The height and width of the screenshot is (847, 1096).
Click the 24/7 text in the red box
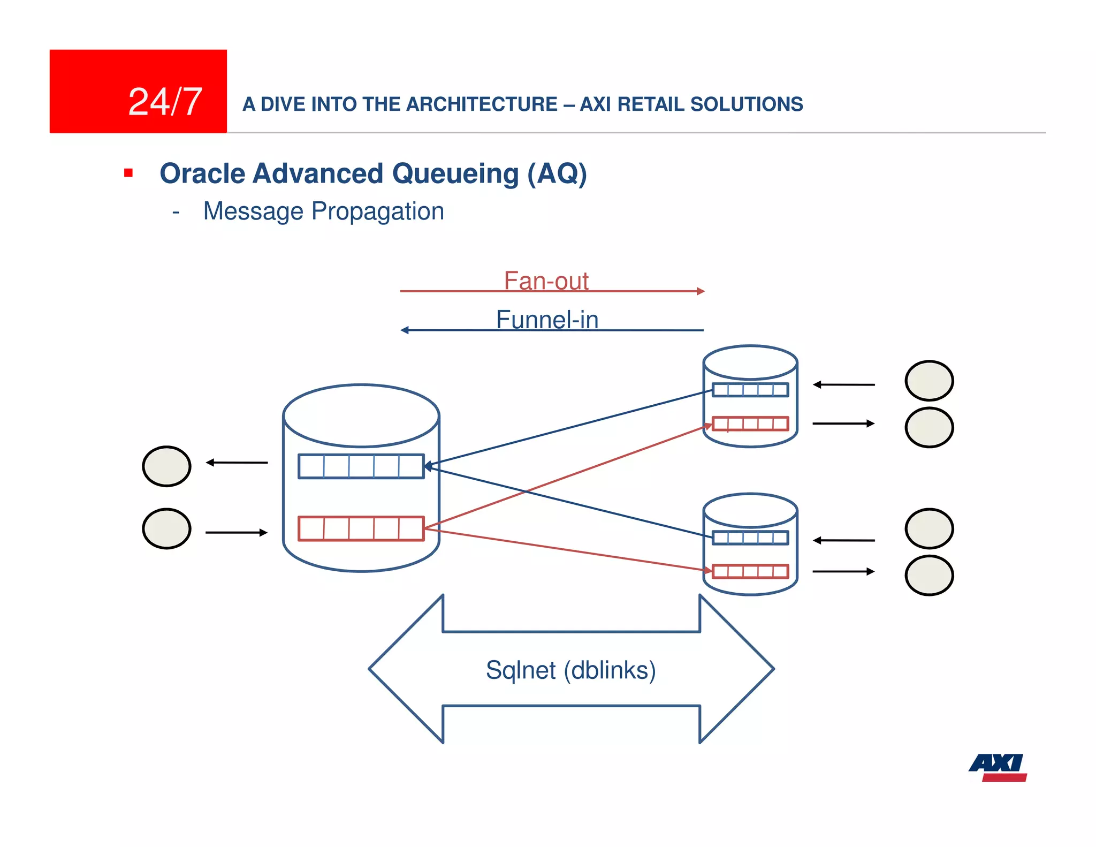point(165,102)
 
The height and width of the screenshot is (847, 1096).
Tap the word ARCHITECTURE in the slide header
point(482,104)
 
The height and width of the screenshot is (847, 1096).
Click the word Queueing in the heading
point(455,174)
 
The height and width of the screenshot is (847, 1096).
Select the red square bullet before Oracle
point(128,173)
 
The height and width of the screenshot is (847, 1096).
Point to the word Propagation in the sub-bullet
point(378,211)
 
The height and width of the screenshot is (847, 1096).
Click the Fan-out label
point(546,281)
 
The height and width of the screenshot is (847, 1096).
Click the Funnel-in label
point(547,320)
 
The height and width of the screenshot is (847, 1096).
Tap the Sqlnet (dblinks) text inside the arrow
point(570,670)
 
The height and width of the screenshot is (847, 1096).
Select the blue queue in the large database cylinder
point(361,466)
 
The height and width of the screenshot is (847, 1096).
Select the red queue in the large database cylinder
point(361,528)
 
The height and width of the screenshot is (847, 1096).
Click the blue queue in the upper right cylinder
point(750,390)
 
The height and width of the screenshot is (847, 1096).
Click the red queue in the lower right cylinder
point(750,571)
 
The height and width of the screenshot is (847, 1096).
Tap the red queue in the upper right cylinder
point(750,424)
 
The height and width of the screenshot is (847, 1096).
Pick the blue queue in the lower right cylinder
point(750,538)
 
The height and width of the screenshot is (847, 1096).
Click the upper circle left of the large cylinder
point(166,466)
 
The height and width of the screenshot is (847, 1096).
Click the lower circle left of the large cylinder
point(166,528)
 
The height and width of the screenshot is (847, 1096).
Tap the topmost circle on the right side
point(929,381)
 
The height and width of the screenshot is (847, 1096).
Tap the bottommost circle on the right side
point(929,576)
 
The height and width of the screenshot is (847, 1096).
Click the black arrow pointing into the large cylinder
point(236,532)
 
